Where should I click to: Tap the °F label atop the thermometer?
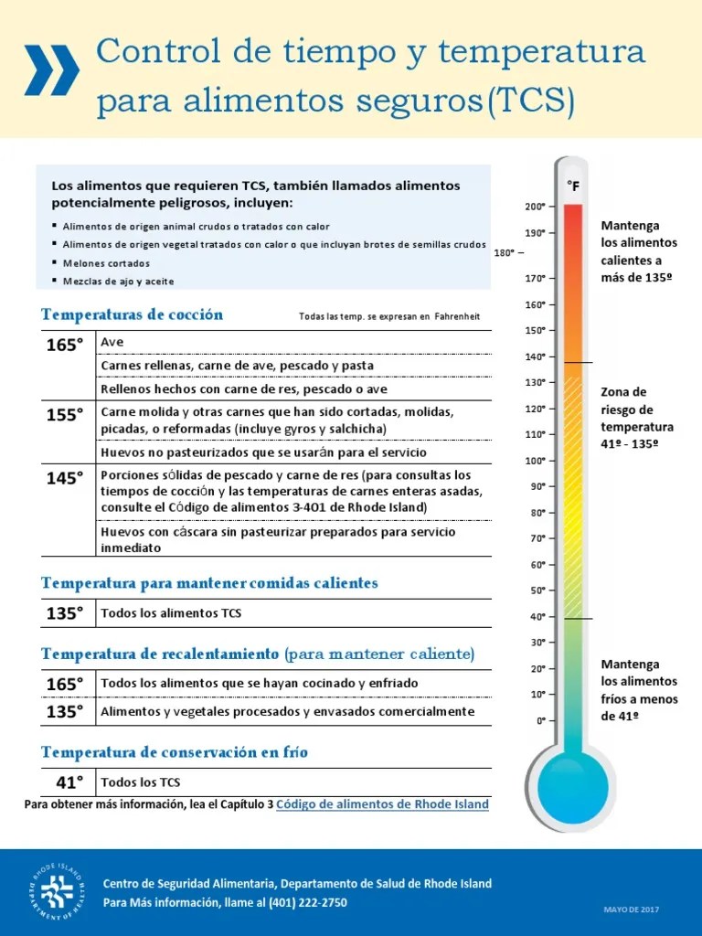pos(573,186)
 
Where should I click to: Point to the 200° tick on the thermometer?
pos(536,207)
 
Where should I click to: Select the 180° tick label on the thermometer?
pos(505,253)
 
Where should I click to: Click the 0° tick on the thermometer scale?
pos(540,721)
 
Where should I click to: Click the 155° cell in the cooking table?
pos(65,415)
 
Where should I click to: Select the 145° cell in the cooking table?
pos(65,477)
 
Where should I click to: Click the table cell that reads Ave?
pos(112,342)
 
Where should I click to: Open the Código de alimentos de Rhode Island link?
pos(382,804)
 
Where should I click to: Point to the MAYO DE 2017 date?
pos(631,909)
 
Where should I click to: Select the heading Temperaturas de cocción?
pos(132,314)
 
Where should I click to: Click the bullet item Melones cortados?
pos(105,262)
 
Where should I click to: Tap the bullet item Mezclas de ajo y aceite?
pos(118,282)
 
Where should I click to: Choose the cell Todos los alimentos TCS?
pos(171,613)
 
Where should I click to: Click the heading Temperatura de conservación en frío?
pos(175,752)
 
